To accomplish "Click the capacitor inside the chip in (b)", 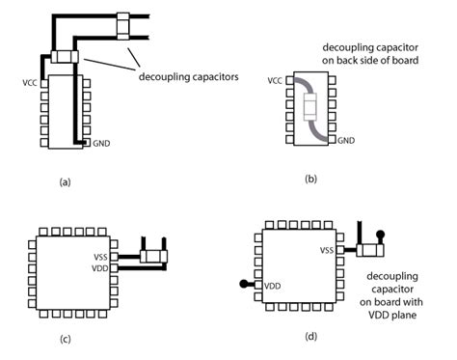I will pyautogui.click(x=309, y=106).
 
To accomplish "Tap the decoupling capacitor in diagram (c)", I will pyautogui.click(x=154, y=257).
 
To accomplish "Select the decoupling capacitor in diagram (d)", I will pyautogui.click(x=370, y=250).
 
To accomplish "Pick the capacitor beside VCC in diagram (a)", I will pyautogui.click(x=65, y=58).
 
